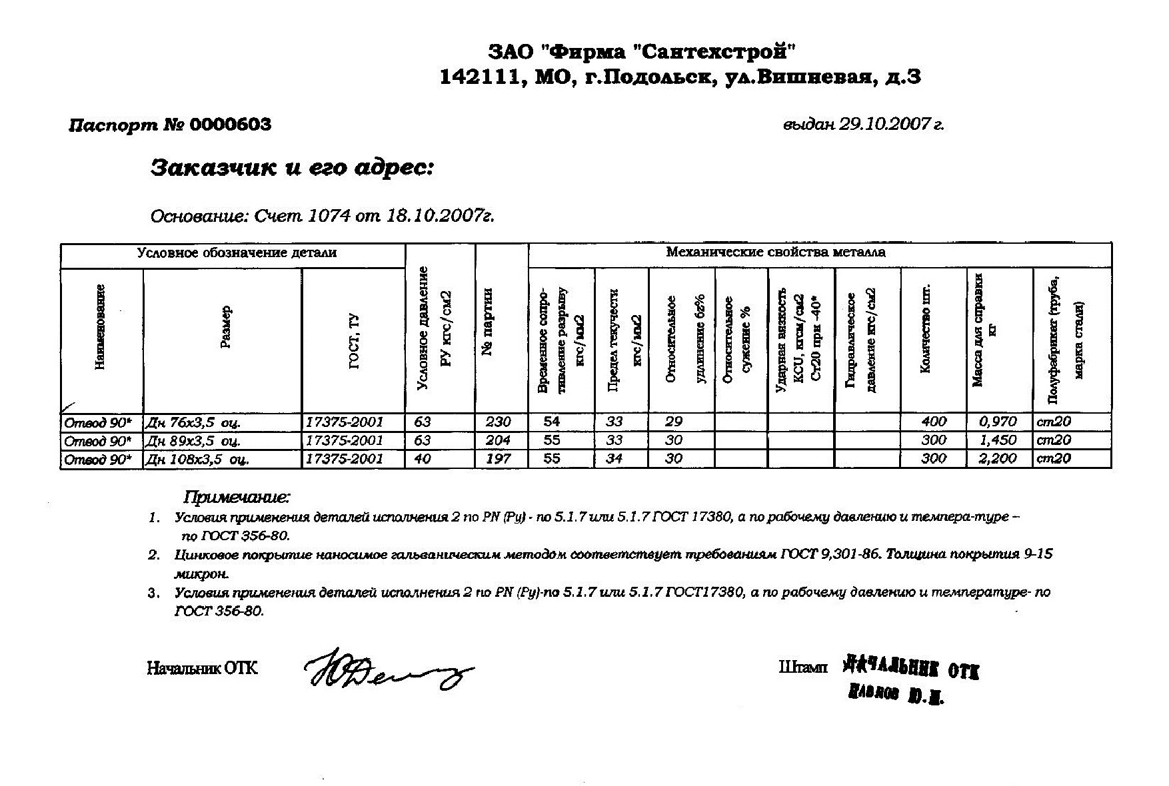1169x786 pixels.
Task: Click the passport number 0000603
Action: [x=231, y=125]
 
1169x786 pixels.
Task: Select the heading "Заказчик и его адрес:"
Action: [x=292, y=168]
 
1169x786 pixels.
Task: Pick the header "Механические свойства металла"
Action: [x=776, y=252]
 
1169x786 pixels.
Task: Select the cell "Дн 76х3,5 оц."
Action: [x=193, y=422]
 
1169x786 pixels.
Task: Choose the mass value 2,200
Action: [x=998, y=458]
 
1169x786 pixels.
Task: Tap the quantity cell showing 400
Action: [x=934, y=422]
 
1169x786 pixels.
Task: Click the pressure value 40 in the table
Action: [x=423, y=458]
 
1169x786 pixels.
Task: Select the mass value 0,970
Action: [x=998, y=422]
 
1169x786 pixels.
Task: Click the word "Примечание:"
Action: [x=237, y=497]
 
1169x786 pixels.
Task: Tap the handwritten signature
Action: [x=387, y=669]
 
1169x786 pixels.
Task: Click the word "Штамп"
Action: [x=802, y=667]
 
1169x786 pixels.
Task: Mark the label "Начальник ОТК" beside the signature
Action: [x=202, y=668]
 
